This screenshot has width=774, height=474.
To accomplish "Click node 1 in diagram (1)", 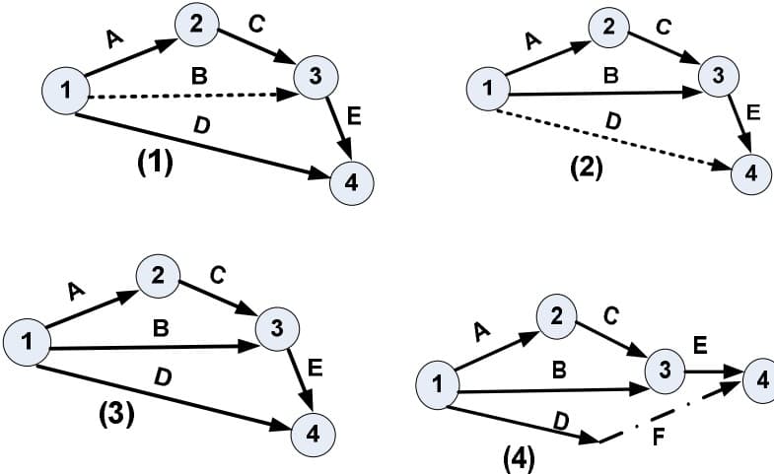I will point(65,92).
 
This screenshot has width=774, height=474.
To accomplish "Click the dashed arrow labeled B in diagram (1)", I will point(187,97).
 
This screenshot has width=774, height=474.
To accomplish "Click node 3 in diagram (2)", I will point(720,75).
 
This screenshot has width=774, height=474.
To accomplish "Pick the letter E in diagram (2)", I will point(753,114).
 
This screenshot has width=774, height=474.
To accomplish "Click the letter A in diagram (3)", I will point(76,290).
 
